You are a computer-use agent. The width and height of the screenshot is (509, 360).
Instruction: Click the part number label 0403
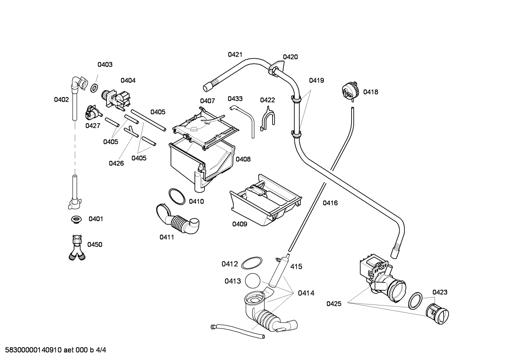click(105, 65)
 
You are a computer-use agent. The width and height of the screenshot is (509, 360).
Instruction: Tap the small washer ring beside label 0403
click(94, 88)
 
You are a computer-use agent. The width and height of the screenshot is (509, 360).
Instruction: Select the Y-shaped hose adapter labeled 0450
click(77, 248)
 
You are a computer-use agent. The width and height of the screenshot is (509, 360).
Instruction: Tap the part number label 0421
click(235, 54)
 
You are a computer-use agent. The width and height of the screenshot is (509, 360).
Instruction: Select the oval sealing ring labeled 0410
click(177, 196)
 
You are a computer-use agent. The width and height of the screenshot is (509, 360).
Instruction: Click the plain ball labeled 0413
click(252, 281)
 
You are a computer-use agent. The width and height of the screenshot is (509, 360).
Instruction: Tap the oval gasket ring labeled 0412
click(252, 263)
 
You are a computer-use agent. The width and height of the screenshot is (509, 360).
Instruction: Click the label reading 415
click(296, 266)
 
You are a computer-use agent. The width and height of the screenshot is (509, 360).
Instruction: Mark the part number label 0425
click(334, 303)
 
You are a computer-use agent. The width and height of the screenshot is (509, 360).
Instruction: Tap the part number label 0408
click(243, 159)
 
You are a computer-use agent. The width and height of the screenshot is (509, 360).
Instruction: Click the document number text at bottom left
click(56, 350)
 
